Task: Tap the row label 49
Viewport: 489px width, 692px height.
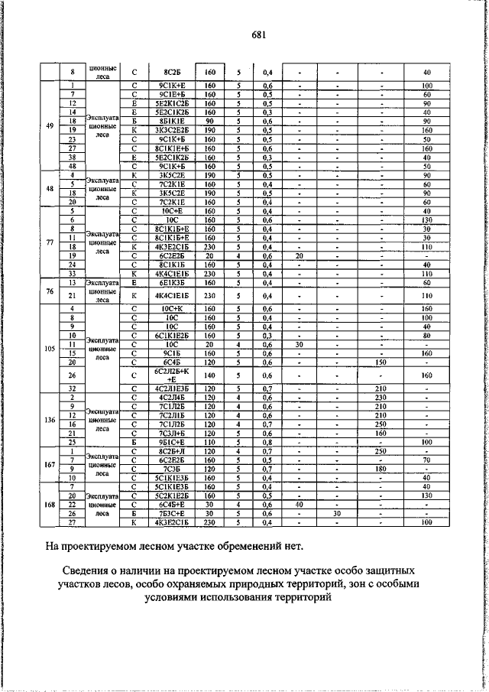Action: (x=50, y=126)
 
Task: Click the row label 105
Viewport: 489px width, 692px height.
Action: (x=50, y=346)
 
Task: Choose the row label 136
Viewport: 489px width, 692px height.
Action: (x=50, y=420)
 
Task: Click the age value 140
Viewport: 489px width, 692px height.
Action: (x=210, y=375)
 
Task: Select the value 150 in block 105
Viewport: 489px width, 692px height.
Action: (x=378, y=363)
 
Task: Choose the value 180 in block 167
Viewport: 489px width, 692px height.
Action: (x=378, y=468)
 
